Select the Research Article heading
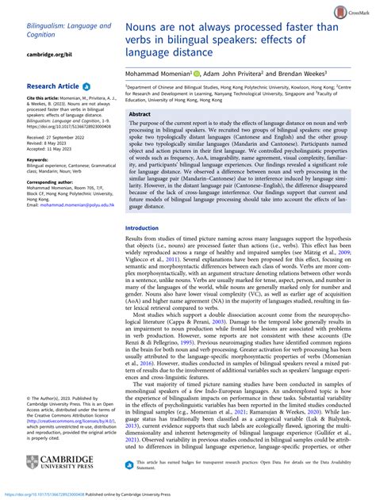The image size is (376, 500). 52,85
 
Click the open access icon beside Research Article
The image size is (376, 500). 86,85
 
